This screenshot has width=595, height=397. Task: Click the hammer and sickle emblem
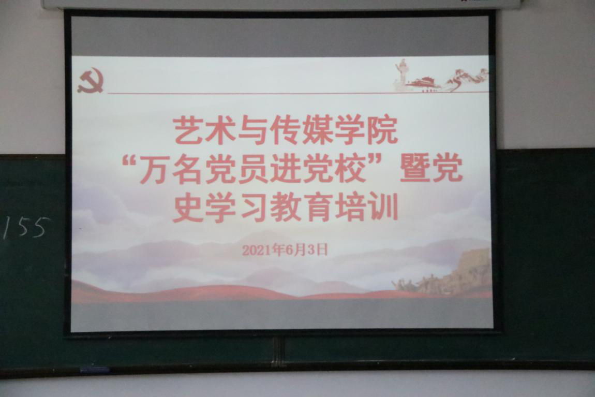[91, 80]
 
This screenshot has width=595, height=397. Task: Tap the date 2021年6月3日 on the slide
[285, 249]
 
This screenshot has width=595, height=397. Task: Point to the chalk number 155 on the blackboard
[26, 227]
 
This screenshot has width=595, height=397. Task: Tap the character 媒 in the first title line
[317, 130]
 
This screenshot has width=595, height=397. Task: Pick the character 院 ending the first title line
[382, 130]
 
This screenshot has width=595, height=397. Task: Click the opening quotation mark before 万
[129, 161]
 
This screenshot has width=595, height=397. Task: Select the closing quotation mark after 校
[379, 161]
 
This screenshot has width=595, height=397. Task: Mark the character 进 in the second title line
[285, 170]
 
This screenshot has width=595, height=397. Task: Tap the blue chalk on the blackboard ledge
[95, 369]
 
